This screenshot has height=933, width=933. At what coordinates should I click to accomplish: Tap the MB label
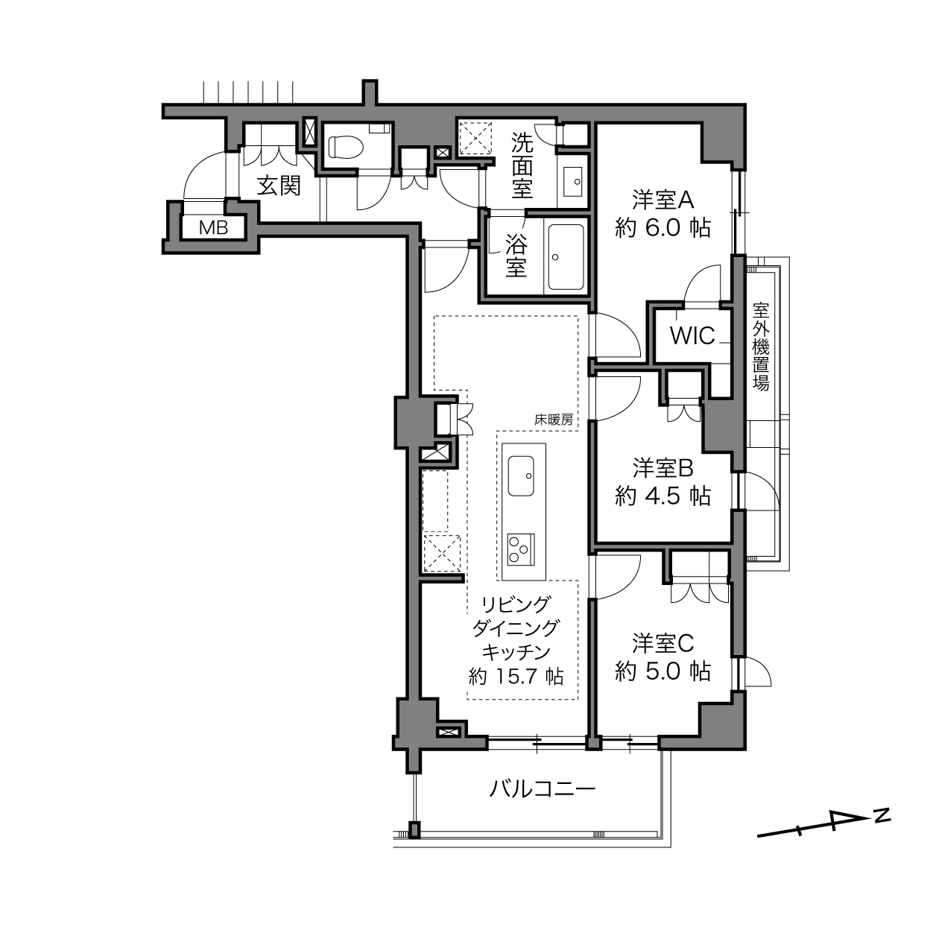pyautogui.click(x=214, y=227)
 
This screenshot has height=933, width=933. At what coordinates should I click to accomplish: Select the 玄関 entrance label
pyautogui.click(x=279, y=186)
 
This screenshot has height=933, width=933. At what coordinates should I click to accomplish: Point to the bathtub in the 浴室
pyautogui.click(x=566, y=256)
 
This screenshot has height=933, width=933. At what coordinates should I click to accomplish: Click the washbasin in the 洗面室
pyautogui.click(x=574, y=182)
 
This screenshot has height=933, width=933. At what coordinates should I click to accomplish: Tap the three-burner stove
pyautogui.click(x=521, y=549)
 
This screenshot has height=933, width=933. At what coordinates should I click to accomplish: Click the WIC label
pyautogui.click(x=692, y=335)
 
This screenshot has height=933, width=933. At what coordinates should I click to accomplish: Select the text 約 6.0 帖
pyautogui.click(x=662, y=227)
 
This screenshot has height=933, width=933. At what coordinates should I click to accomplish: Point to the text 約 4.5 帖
pyautogui.click(x=662, y=496)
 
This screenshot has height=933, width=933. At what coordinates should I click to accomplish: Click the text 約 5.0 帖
pyautogui.click(x=662, y=671)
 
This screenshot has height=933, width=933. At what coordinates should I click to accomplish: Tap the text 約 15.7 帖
pyautogui.click(x=516, y=677)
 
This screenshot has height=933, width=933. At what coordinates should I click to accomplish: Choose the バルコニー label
pyautogui.click(x=542, y=789)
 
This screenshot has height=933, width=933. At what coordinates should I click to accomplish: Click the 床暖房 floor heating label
pyautogui.click(x=554, y=420)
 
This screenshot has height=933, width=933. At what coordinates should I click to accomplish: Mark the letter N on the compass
pyautogui.click(x=883, y=815)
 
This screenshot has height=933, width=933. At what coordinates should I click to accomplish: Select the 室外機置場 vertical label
pyautogui.click(x=761, y=347)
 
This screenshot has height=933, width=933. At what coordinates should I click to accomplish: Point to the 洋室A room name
pyautogui.click(x=662, y=200)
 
